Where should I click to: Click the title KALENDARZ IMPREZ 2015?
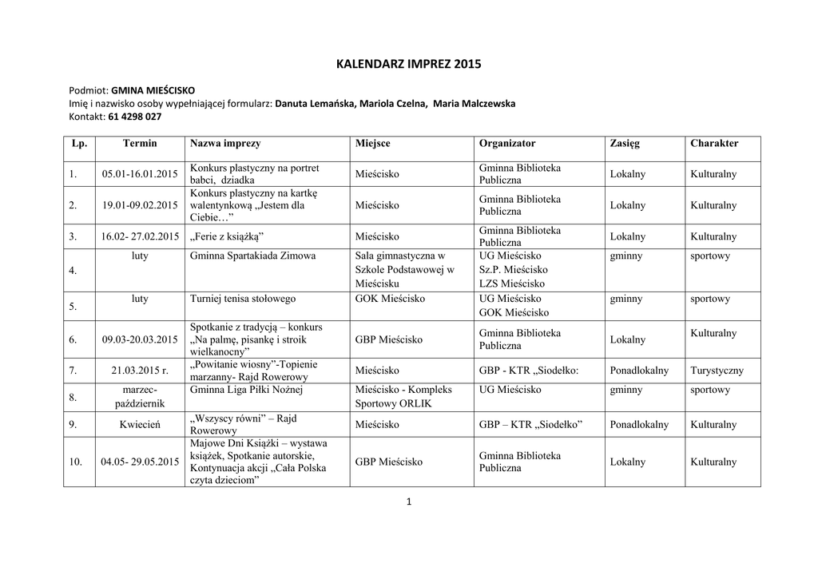[408, 65]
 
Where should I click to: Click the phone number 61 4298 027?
[135, 117]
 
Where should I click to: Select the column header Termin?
[140, 144]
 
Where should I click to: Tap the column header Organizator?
[507, 144]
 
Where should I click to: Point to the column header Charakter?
[714, 144]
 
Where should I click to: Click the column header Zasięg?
[625, 144]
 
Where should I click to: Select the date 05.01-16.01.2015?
[140, 174]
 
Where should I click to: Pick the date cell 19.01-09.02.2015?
[140, 205]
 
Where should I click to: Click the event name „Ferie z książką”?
[227, 237]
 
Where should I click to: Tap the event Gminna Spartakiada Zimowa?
[252, 256]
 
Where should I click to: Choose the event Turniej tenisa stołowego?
[243, 299]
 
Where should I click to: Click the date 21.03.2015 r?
[140, 371]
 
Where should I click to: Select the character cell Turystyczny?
[717, 371]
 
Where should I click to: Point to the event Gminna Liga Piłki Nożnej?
[246, 390]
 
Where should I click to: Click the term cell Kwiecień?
[140, 425]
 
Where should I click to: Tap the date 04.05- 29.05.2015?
[140, 462]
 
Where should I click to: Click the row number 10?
[76, 462]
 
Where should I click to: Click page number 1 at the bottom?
[408, 502]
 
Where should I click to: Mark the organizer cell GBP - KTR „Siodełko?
[528, 371]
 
